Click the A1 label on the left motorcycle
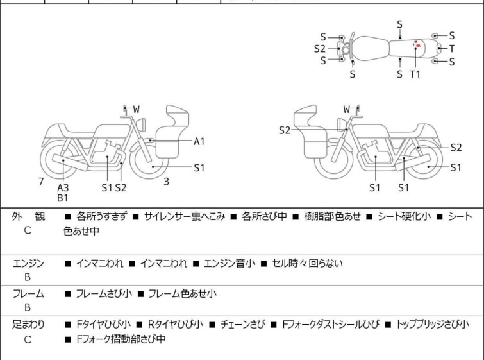(x=199, y=141)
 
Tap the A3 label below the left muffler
(x=63, y=187)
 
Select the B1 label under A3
(x=63, y=198)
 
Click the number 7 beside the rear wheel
(x=41, y=182)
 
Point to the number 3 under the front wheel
(x=166, y=182)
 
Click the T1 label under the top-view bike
(x=415, y=74)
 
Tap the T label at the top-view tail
(x=451, y=49)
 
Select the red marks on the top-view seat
(x=417, y=45)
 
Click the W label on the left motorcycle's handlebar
(x=137, y=110)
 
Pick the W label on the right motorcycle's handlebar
(x=347, y=110)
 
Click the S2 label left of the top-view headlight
(x=320, y=48)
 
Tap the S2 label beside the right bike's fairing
(x=285, y=130)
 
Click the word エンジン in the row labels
(x=29, y=263)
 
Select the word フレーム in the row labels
(x=29, y=294)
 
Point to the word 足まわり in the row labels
(x=29, y=325)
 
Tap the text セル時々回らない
(x=308, y=263)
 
